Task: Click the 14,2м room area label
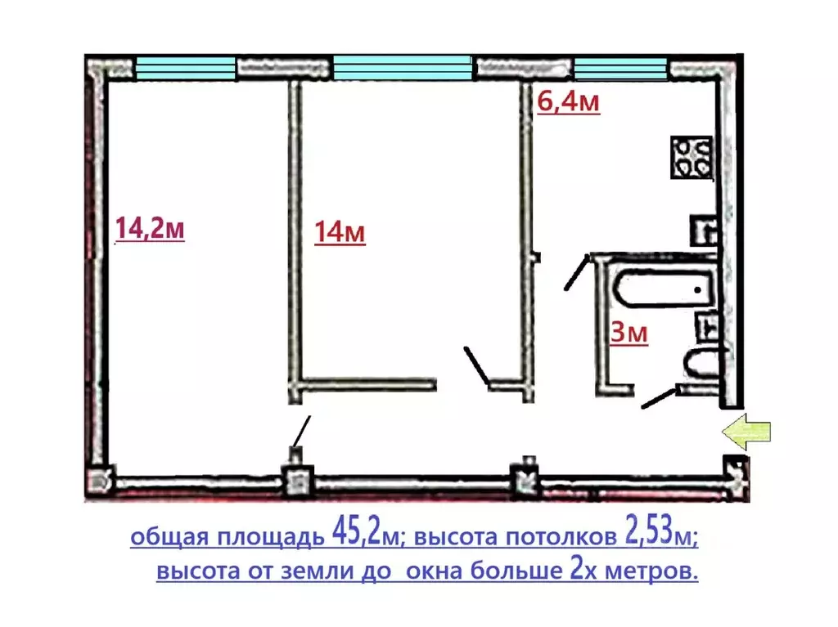coord(150,229)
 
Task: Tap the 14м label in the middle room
coord(340,233)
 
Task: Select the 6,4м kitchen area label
coord(568,103)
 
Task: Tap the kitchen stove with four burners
coord(692,156)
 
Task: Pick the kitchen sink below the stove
coord(703,230)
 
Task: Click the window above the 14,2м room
coord(185,66)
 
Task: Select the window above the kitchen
coord(621,66)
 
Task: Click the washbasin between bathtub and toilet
coord(705,326)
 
